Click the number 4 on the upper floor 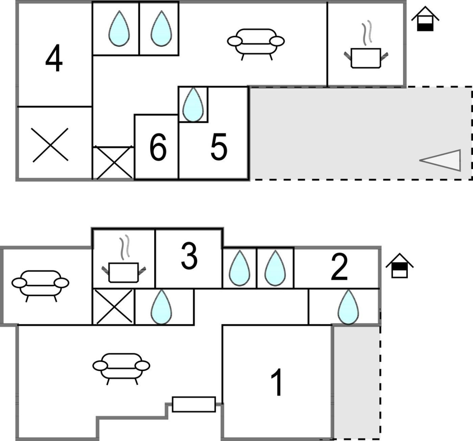point(54,58)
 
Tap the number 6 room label point(158,146)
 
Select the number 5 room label point(219,146)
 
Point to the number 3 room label point(189,256)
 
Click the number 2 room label point(339,267)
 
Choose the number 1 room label point(277,382)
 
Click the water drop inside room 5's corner point(193,105)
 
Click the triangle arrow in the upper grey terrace point(440,160)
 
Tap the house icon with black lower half point(425,19)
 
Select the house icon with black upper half point(400,265)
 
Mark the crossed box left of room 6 point(114,163)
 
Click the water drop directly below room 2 point(349,307)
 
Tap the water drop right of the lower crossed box point(161,307)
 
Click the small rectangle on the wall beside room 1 point(194,404)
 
